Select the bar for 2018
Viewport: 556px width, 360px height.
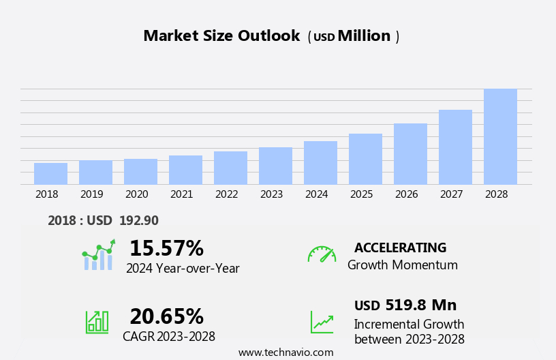pos(50,174)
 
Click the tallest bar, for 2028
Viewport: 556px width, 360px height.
pos(500,137)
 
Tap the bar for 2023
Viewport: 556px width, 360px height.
pos(275,166)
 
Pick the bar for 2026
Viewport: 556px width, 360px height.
pos(410,154)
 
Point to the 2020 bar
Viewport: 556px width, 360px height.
pos(140,172)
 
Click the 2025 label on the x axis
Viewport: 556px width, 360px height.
pos(361,194)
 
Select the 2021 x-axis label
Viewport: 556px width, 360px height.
pos(181,194)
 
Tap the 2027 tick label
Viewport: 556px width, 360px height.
pos(451,194)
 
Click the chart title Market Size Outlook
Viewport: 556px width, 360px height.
pos(221,36)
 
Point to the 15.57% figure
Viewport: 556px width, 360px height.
pos(166,248)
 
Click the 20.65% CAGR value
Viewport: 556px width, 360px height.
pos(166,316)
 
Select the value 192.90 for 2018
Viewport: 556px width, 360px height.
pos(139,221)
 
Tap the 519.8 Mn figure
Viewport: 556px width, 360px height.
pos(420,305)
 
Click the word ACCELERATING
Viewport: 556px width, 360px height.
pos(400,248)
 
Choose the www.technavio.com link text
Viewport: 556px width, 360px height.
pos(285,352)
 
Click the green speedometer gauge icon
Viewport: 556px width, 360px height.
pos(322,254)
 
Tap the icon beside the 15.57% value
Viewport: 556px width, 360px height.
pos(98,255)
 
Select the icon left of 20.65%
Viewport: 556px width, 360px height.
pos(97,321)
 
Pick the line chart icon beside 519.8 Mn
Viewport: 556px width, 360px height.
pos(322,322)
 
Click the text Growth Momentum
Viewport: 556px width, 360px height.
pos(402,265)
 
